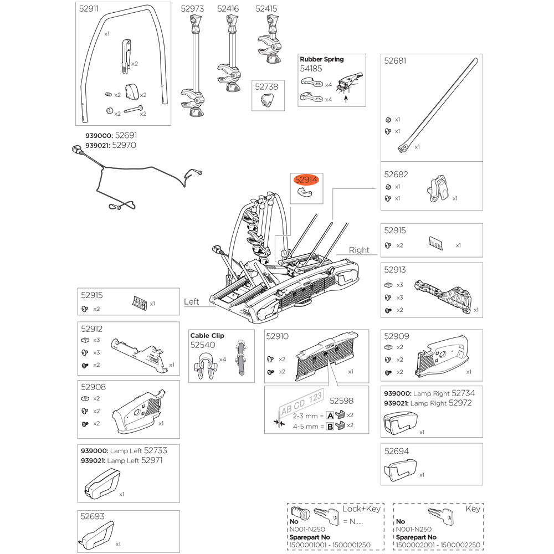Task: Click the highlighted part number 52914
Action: coord(306,180)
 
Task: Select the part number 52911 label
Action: coord(89,9)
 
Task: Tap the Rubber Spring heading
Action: coord(322,59)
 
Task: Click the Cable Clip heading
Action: coord(207,336)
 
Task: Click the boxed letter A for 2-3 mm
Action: coord(330,416)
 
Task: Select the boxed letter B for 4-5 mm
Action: coord(330,427)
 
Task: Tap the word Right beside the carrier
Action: coord(359,250)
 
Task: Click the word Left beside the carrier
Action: coord(191,302)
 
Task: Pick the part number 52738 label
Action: coord(266,86)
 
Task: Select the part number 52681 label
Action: coord(395,61)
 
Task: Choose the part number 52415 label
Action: coord(266,9)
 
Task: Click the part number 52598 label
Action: coord(341,401)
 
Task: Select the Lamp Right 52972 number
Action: coord(460,403)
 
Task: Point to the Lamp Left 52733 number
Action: coord(155,451)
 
